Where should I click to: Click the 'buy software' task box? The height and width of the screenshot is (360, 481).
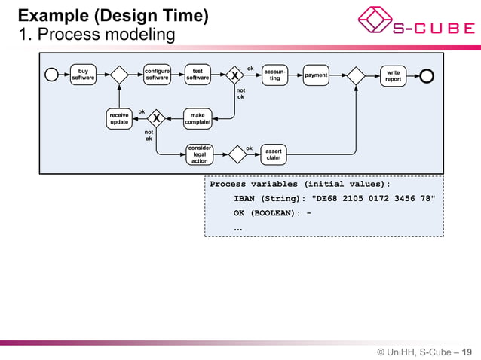click(83, 75)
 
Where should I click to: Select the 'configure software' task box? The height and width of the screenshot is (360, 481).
click(157, 75)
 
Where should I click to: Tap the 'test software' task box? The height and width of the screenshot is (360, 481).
click(198, 75)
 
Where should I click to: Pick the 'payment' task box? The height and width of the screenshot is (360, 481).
click(316, 75)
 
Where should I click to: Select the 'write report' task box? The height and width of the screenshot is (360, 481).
click(393, 75)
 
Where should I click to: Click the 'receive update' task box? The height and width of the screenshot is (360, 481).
click(119, 118)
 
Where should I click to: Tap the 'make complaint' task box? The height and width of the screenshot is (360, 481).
click(198, 118)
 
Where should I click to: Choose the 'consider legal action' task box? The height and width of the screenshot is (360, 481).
click(199, 154)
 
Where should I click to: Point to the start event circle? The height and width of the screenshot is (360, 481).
click(52, 75)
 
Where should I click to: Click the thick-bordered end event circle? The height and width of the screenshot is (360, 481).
click(427, 75)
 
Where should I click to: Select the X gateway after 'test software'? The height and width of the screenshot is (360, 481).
click(235, 75)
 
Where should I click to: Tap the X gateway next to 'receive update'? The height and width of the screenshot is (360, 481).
click(156, 118)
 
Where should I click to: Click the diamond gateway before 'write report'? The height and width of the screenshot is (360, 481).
click(355, 75)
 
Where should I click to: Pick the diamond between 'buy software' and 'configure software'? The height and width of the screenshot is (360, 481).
click(119, 75)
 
